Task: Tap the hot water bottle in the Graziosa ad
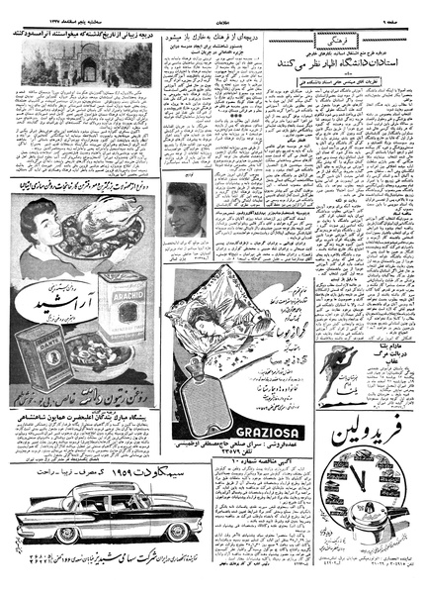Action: pyautogui.click(x=212, y=387)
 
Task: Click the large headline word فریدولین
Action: pyautogui.click(x=372, y=433)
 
